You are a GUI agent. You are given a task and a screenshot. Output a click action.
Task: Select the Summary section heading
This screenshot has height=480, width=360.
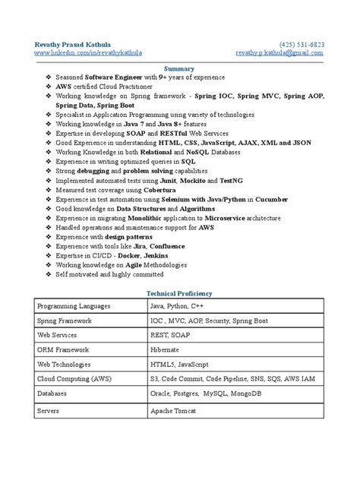coord(179,67)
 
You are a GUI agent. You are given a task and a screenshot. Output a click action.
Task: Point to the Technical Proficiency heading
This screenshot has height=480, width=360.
coord(179,292)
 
